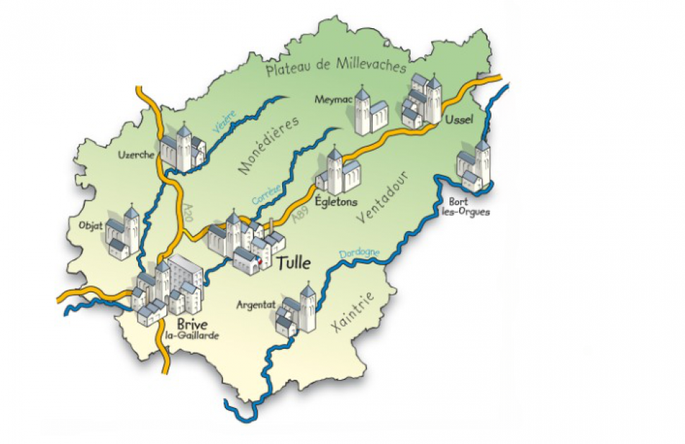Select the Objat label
click(92, 226)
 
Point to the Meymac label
click(329, 99)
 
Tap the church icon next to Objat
click(125, 233)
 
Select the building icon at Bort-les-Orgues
click(473, 166)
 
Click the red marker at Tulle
click(260, 261)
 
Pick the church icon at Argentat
click(298, 311)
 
